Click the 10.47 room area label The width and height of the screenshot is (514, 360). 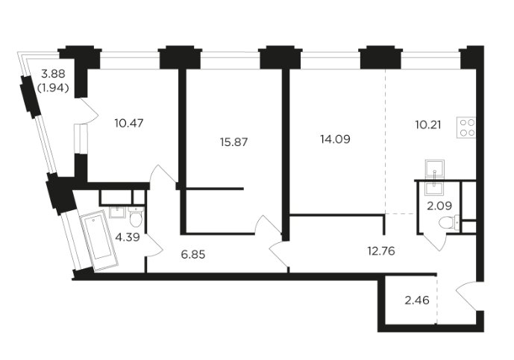(129, 124)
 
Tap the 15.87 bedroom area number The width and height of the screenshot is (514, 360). (234, 142)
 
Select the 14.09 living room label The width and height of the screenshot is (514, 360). (335, 139)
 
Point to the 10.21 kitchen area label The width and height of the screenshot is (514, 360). (427, 124)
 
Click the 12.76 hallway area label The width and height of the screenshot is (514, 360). (381, 251)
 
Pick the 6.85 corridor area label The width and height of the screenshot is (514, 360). (193, 254)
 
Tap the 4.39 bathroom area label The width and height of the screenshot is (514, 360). (128, 237)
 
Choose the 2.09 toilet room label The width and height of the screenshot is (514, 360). (439, 206)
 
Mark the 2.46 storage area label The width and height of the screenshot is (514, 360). (417, 300)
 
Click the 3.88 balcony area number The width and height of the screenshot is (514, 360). (53, 74)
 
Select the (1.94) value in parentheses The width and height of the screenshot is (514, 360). (53, 88)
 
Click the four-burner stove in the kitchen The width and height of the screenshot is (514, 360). (466, 127)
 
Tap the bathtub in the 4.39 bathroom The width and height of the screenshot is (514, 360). (99, 241)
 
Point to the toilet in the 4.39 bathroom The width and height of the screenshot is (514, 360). (135, 216)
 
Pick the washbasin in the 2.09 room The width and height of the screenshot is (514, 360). (434, 189)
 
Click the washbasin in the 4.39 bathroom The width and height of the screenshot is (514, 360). (117, 212)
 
